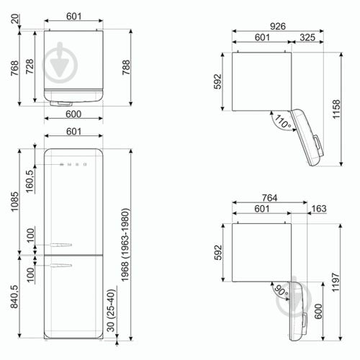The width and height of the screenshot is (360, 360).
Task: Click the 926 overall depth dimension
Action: [x=278, y=26]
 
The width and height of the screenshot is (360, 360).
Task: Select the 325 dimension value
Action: [x=306, y=37]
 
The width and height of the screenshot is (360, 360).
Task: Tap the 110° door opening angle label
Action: [x=283, y=123]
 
